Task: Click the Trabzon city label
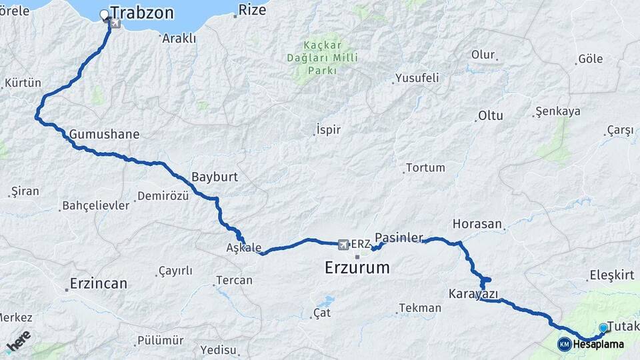[x=142, y=13]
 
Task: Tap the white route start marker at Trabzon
[x=104, y=14]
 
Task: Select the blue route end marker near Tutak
[x=603, y=327]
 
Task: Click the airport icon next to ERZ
[x=343, y=244]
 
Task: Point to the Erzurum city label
[x=357, y=268]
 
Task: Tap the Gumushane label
[x=104, y=134]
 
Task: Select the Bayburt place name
[x=215, y=177]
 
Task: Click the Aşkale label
[x=243, y=247]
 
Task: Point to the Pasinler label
[x=399, y=237]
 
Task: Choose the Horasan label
[x=477, y=224]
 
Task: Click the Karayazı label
[x=473, y=293]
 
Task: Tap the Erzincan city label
[x=99, y=283]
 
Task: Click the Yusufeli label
[x=417, y=78]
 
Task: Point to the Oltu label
[x=490, y=115]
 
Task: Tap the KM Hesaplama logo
[x=591, y=345]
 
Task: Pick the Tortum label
[x=425, y=167]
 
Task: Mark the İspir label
[x=329, y=129]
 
